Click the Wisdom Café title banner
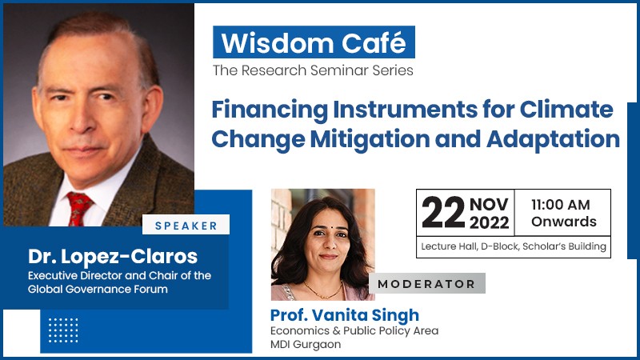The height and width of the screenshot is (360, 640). tap(314, 42)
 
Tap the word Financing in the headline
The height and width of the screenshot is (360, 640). tap(270, 110)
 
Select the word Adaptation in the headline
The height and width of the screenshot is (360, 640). tap(553, 139)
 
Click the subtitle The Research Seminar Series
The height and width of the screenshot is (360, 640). tap(313, 70)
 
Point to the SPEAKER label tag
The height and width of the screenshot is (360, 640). tap(186, 225)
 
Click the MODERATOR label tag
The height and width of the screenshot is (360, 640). tap(427, 284)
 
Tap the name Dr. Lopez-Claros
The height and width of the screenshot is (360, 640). tap(113, 256)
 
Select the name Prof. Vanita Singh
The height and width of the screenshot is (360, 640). tap(345, 314)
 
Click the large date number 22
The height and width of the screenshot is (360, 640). tap(443, 212)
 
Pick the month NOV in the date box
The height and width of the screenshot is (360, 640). tap(489, 204)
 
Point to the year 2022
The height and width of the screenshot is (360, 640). tap(490, 223)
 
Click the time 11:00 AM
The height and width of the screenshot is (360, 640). tap(561, 205)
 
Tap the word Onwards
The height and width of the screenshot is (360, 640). tap(564, 222)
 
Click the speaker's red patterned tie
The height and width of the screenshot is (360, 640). tap(78, 209)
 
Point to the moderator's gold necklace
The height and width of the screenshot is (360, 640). tap(323, 290)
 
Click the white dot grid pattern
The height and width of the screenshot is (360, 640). tap(63, 330)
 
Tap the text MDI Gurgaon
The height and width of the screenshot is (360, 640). tap(306, 345)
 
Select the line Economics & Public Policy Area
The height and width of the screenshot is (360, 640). tap(354, 330)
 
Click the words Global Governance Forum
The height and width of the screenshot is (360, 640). tap(98, 289)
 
